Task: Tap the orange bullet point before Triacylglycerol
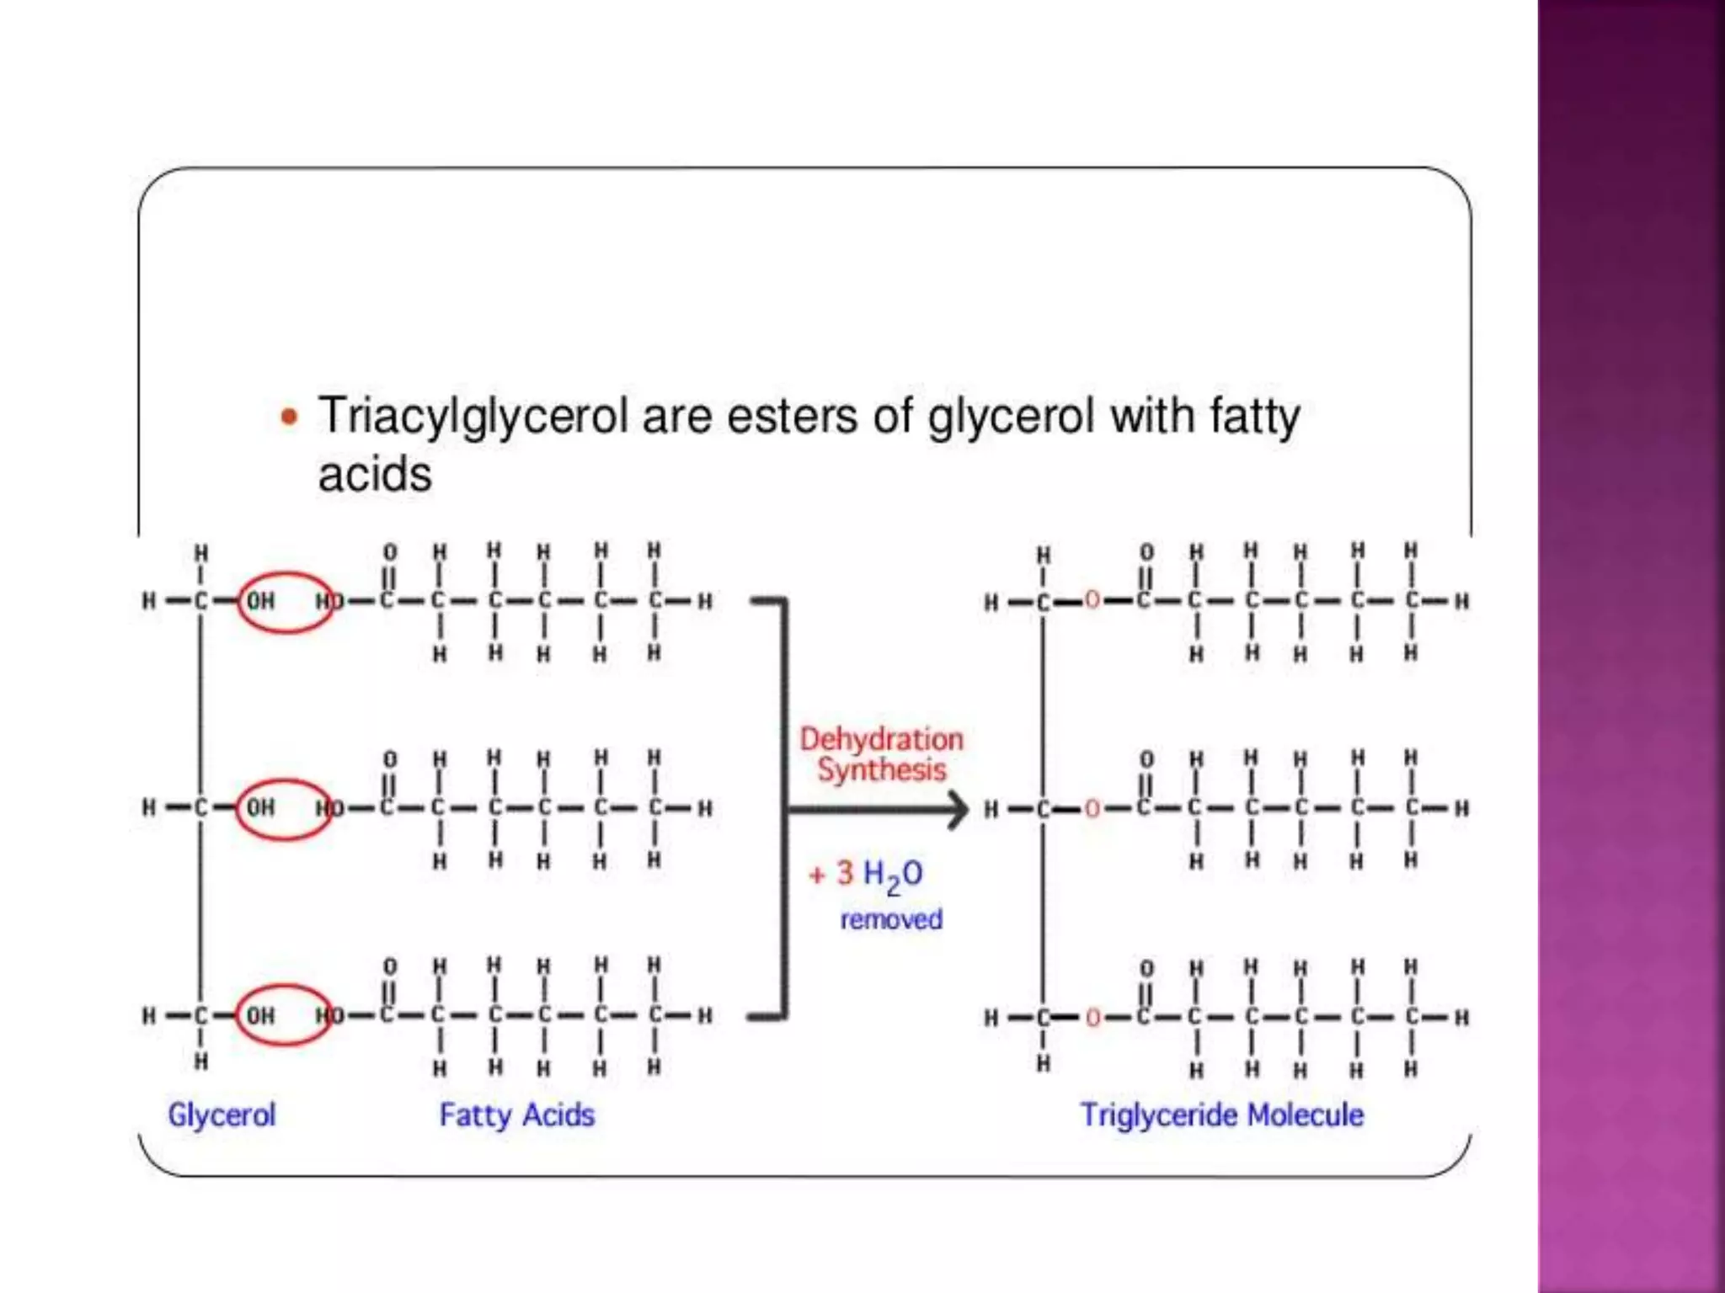click(289, 417)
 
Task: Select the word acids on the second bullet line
click(375, 475)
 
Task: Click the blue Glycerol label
click(222, 1115)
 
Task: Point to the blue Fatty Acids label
click(517, 1115)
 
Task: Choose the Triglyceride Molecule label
click(1222, 1115)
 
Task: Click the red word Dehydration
click(881, 739)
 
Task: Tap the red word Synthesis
click(881, 769)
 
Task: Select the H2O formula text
click(893, 875)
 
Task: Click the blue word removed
click(891, 919)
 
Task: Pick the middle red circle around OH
click(283, 808)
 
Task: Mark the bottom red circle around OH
click(283, 1015)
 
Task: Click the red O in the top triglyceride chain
click(1092, 600)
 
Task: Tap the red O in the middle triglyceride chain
click(1092, 809)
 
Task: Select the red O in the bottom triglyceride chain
click(1092, 1018)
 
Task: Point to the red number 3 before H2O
click(845, 874)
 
